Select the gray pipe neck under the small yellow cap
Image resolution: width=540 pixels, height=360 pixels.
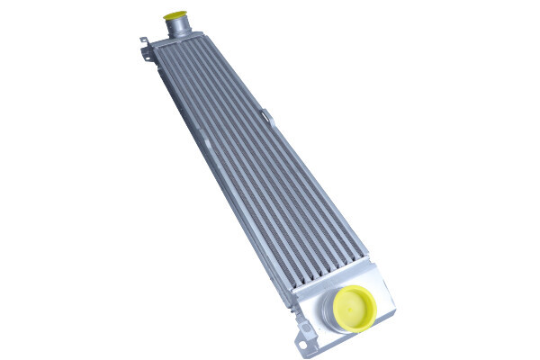click(x=179, y=29)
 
